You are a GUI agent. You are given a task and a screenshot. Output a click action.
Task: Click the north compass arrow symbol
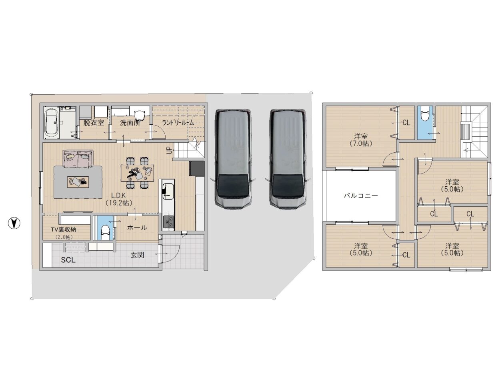point(14,223)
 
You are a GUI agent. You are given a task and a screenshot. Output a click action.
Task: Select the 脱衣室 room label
point(94,123)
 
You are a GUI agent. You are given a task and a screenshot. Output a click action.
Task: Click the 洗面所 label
point(130,123)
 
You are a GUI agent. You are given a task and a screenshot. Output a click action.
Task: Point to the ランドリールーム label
point(178,123)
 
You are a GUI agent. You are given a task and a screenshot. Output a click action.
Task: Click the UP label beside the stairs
point(170,151)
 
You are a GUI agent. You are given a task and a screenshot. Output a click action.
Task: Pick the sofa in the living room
point(78,158)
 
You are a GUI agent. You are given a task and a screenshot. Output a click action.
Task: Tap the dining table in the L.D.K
point(137,173)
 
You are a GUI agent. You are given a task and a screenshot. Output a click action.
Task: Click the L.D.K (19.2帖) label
point(119,199)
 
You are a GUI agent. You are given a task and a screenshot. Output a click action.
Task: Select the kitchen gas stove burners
point(169,221)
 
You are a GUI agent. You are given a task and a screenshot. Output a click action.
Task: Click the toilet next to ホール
point(105,233)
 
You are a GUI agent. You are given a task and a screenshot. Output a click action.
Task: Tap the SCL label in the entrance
point(68,260)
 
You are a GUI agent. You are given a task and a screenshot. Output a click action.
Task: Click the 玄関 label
point(137,255)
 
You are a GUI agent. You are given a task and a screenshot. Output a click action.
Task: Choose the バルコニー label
point(361,195)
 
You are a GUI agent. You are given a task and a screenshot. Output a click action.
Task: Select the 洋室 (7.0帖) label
point(361,140)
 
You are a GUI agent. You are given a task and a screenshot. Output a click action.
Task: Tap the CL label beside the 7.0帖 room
point(406,123)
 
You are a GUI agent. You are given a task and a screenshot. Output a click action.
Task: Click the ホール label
point(137,227)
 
